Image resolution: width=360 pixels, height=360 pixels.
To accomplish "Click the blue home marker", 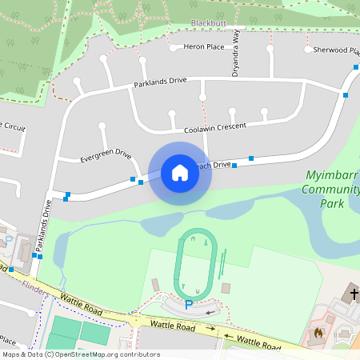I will [x=180, y=173].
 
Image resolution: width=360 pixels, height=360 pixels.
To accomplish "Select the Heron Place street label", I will [x=204, y=47].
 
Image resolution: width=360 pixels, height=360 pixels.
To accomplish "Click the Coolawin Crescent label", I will [x=215, y=128].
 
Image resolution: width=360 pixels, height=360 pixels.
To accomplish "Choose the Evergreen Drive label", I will [x=106, y=155].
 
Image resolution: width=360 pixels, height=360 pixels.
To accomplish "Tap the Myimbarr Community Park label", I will [x=331, y=189].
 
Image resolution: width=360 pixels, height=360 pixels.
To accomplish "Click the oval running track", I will [x=197, y=262].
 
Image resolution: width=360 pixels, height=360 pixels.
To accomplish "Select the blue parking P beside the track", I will [x=189, y=305].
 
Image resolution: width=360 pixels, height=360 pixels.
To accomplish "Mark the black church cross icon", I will [x=354, y=294].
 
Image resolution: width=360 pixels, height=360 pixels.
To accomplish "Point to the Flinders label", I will [x=35, y=286].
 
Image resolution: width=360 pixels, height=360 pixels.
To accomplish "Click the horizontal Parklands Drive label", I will [x=160, y=82].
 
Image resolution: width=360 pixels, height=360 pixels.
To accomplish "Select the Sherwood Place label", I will [x=337, y=50].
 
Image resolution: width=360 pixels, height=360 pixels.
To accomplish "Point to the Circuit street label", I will [x=13, y=128].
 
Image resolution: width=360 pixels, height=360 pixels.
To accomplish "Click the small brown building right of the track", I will [x=226, y=287].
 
